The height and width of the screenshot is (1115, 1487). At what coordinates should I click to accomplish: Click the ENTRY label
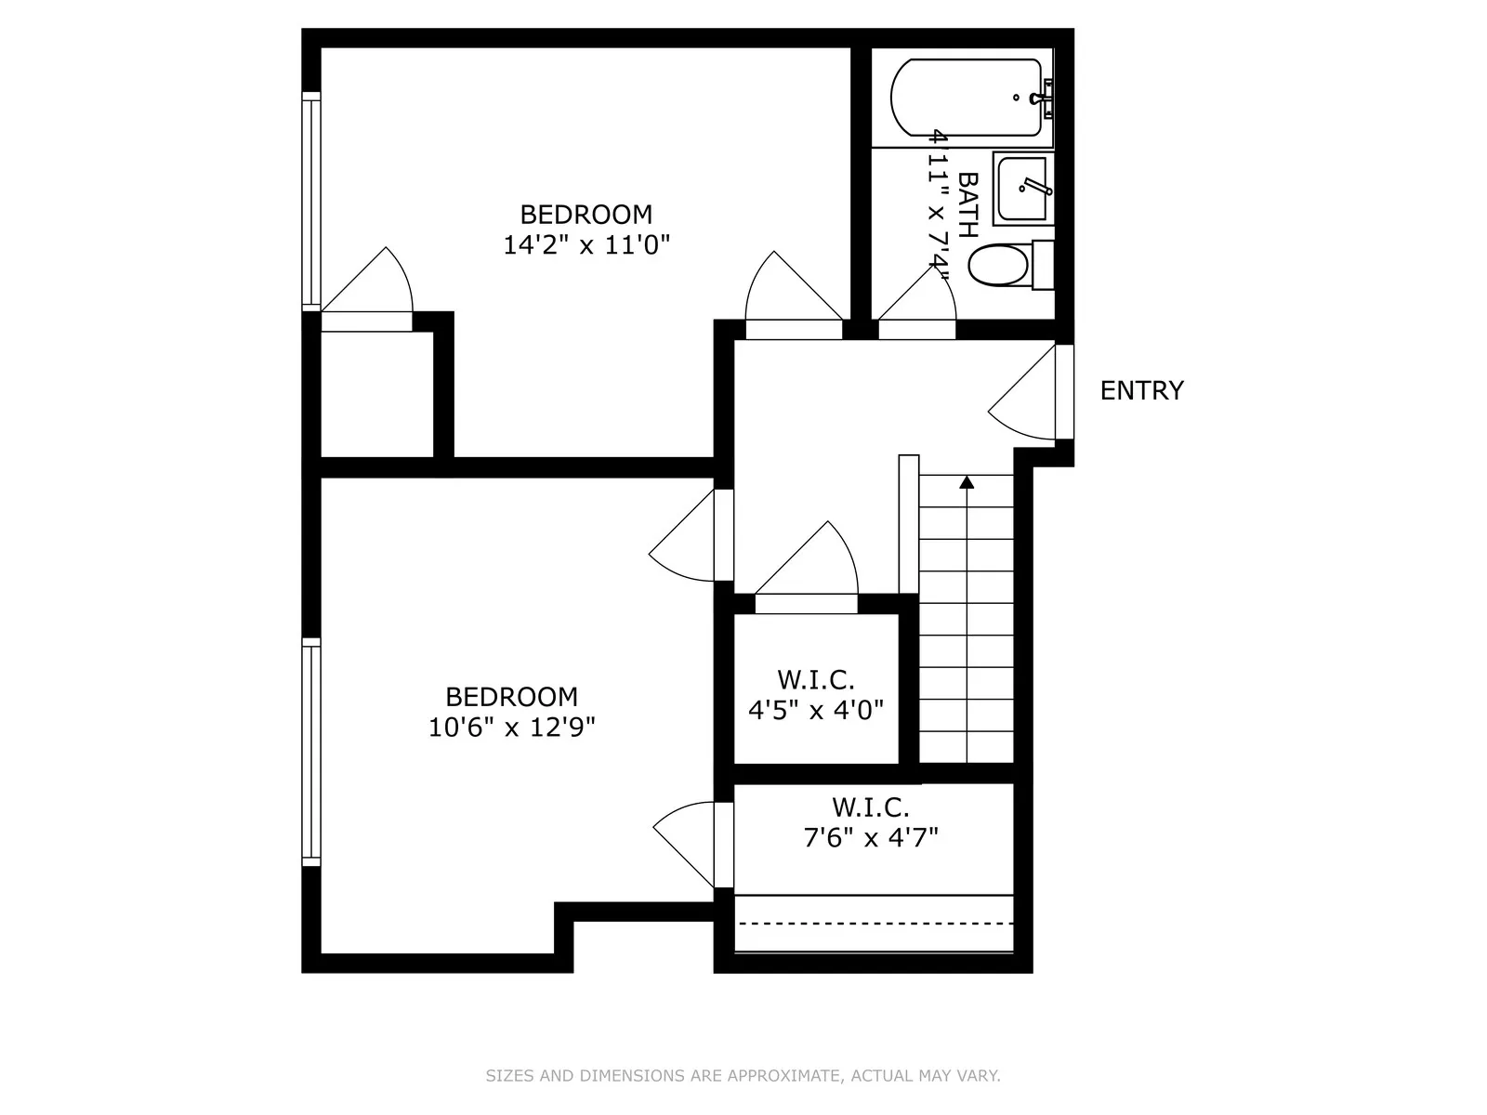[x=1141, y=390]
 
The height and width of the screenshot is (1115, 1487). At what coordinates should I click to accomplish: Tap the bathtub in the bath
[x=967, y=98]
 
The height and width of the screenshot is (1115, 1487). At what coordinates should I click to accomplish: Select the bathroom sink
[x=1022, y=190]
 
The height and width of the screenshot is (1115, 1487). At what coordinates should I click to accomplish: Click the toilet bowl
[x=999, y=266]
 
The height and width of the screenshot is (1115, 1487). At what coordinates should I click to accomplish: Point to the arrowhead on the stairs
[x=967, y=482]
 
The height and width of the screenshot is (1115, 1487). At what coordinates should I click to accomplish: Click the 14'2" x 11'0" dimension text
[x=586, y=245]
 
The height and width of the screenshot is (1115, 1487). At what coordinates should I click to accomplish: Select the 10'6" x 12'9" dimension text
[x=511, y=727]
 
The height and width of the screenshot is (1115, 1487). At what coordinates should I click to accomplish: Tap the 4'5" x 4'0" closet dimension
[x=815, y=711]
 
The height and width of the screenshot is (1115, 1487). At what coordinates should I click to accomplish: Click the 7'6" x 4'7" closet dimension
[x=870, y=838]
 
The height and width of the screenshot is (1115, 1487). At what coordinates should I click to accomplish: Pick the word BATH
[x=967, y=204]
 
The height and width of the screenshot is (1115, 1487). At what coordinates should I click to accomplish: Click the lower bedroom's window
[x=311, y=753]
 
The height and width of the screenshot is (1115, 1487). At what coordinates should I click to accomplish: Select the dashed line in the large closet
[x=874, y=924]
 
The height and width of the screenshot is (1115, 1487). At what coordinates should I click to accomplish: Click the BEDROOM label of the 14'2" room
[x=586, y=215]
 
